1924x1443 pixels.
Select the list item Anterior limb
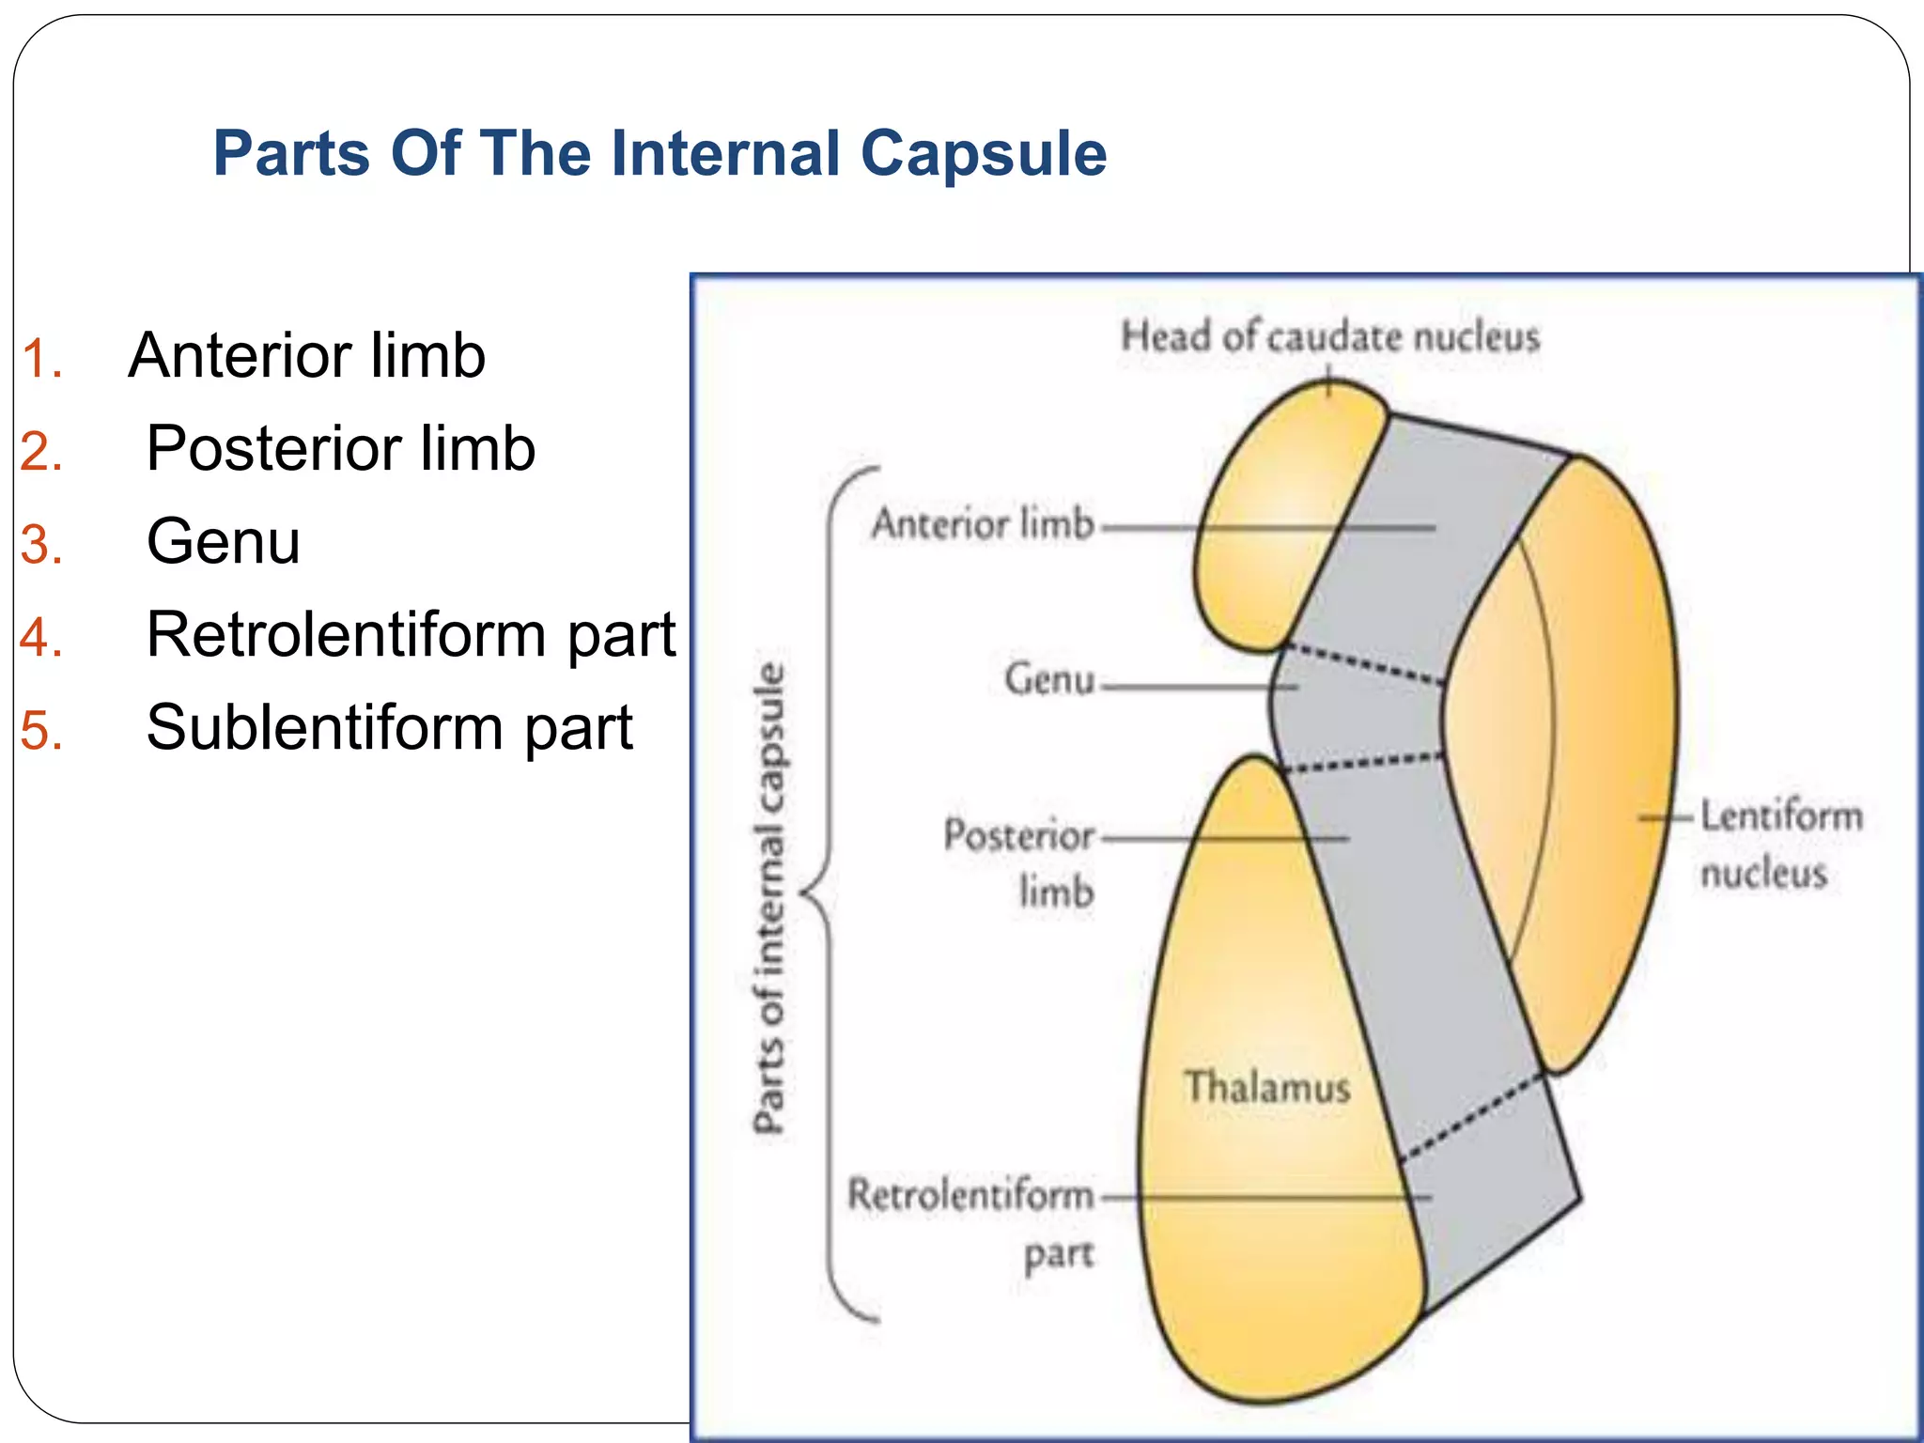pyautogui.click(x=306, y=356)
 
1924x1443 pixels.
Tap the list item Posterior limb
pyautogui.click(x=340, y=448)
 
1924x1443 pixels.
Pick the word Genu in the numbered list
pyautogui.click(x=224, y=541)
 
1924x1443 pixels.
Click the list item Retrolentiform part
pyautogui.click(x=411, y=634)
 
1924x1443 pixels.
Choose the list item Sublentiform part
pyautogui.click(x=389, y=727)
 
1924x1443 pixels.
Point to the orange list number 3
pyautogui.click(x=41, y=545)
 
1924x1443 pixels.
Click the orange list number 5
pyautogui.click(x=41, y=731)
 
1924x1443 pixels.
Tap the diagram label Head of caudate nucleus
pyautogui.click(x=1329, y=336)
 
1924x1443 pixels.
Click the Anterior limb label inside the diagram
pyautogui.click(x=983, y=523)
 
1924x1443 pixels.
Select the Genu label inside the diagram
pyautogui.click(x=1049, y=678)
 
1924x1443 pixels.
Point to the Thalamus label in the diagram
pyautogui.click(x=1266, y=1087)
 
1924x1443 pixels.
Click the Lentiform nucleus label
pyautogui.click(x=1780, y=844)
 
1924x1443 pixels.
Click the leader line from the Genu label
pyautogui.click(x=1198, y=687)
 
